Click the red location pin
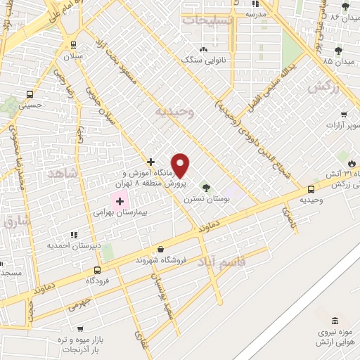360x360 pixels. coord(181,165)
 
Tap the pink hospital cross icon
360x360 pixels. coord(120,201)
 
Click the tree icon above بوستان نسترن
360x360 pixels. coord(205,188)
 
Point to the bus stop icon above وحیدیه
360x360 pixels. coord(311,188)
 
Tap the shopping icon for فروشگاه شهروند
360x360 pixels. coord(161,249)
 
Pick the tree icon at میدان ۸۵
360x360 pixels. coord(338,51)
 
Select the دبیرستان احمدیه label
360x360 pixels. coord(71,245)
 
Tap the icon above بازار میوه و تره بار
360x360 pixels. coord(82,328)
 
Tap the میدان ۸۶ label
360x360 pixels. coord(345,15)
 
